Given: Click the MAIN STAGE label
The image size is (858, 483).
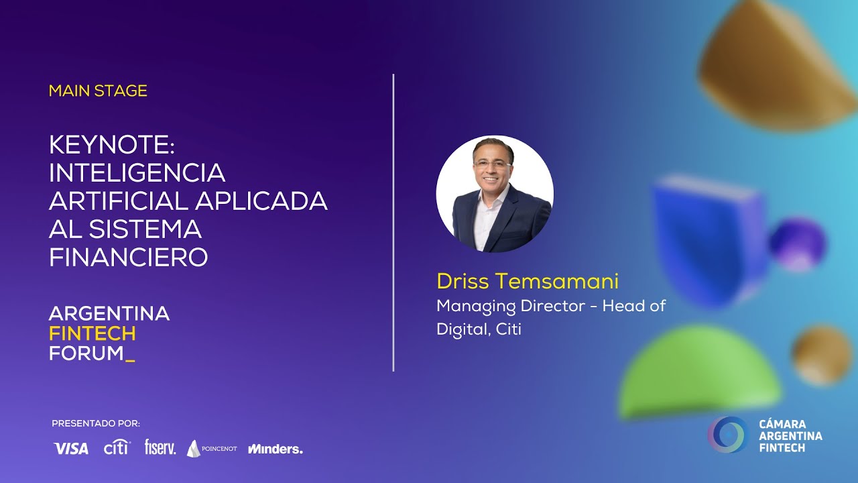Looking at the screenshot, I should click(98, 91).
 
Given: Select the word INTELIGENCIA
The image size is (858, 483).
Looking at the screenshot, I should click(137, 172).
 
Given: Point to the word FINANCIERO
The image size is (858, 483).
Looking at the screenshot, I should click(128, 257).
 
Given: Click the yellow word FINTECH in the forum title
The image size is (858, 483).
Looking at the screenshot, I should click(93, 333).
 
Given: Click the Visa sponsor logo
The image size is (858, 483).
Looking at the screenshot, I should click(70, 449).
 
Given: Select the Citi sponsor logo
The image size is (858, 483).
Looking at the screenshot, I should click(116, 448).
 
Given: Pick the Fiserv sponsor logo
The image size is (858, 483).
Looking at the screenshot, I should click(160, 447).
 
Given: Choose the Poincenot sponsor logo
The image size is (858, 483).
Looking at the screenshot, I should click(211, 449).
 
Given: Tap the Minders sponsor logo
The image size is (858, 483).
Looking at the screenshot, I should click(275, 449).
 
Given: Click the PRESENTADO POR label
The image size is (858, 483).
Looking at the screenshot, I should click(96, 423).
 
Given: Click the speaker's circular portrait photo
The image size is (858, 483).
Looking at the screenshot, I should click(495, 194).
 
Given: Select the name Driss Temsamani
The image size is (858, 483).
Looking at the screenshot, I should click(528, 281).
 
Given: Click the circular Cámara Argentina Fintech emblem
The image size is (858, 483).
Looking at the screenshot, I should click(728, 435).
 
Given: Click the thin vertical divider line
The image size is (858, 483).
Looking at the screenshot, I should click(393, 222).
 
